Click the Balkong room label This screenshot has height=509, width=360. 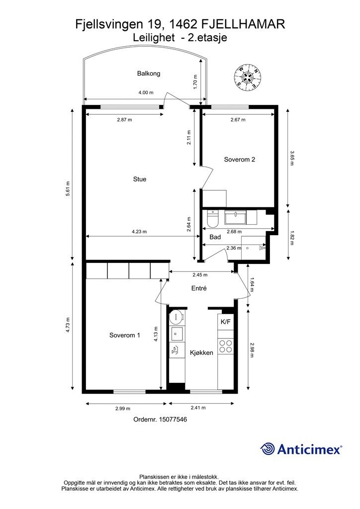pyautogui.click(x=149, y=74)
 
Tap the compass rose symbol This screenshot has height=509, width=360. pyautogui.click(x=248, y=77)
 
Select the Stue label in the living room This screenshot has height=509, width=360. pyautogui.click(x=140, y=179)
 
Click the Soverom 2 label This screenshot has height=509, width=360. pyautogui.click(x=240, y=160)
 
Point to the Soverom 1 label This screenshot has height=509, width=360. pyautogui.click(x=125, y=336)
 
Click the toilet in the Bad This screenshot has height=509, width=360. pyautogui.click(x=213, y=219)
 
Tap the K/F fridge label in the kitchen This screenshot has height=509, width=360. pyautogui.click(x=226, y=322)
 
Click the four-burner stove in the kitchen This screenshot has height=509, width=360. pyautogui.click(x=226, y=346)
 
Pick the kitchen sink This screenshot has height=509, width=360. pyautogui.click(x=177, y=333)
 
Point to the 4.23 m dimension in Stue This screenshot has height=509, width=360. pyautogui.click(x=139, y=232)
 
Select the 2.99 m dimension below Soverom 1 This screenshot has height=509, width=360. pyautogui.click(x=123, y=409)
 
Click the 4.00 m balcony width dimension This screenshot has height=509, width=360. pyautogui.click(x=146, y=92)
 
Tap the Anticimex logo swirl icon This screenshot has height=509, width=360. pyautogui.click(x=268, y=449)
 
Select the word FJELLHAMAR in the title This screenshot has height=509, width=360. pyautogui.click(x=244, y=24)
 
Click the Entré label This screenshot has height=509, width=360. pyautogui.click(x=199, y=288)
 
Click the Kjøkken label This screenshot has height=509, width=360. pyautogui.click(x=201, y=353)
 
